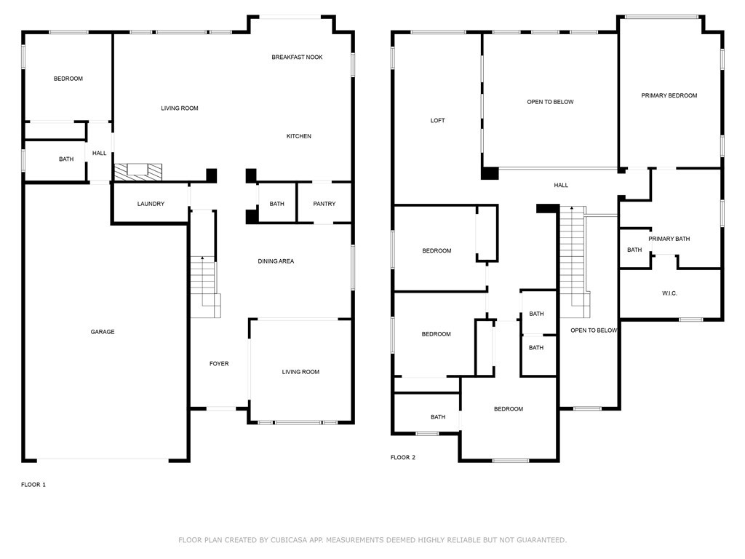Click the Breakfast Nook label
[x=297, y=57]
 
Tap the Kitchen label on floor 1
[x=299, y=136]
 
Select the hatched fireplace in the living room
[x=138, y=172]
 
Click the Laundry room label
[x=151, y=204]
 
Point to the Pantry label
[x=324, y=204]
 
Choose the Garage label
[x=103, y=332]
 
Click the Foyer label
[x=219, y=364]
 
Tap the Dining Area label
[x=276, y=261]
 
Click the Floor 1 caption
[x=33, y=485]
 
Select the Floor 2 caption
[x=403, y=457]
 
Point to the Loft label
[x=437, y=121]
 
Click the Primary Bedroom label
[x=669, y=95]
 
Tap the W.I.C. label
[x=669, y=293]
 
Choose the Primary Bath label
[x=669, y=239]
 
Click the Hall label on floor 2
[x=561, y=186]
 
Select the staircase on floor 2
[x=575, y=262]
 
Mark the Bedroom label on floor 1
[x=68, y=79]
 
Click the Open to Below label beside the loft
[x=550, y=102]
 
